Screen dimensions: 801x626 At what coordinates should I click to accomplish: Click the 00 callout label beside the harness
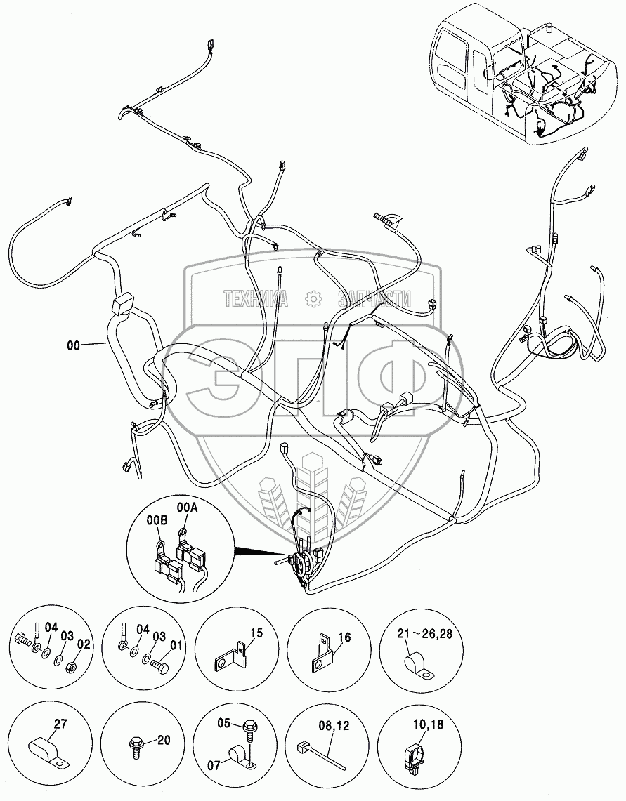tap(74, 345)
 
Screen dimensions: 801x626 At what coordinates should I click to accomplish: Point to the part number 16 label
tap(344, 637)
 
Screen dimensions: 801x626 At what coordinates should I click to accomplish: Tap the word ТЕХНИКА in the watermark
tap(256, 300)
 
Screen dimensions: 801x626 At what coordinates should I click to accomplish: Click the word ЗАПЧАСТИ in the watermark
tap(374, 300)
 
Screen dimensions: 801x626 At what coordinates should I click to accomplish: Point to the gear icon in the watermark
tap(313, 300)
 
